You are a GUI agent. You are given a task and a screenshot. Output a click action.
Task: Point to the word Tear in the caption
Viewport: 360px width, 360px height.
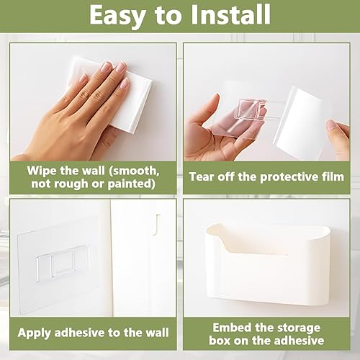pos(201,176)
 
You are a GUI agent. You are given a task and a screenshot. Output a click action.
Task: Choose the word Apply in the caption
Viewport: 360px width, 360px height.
pos(34,333)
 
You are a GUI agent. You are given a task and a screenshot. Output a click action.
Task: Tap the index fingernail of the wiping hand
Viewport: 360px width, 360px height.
pos(106,66)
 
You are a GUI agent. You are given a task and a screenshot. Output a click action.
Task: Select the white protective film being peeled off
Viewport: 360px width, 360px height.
pos(300,122)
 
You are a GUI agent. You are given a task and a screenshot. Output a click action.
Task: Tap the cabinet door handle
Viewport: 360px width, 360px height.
pos(156,225)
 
